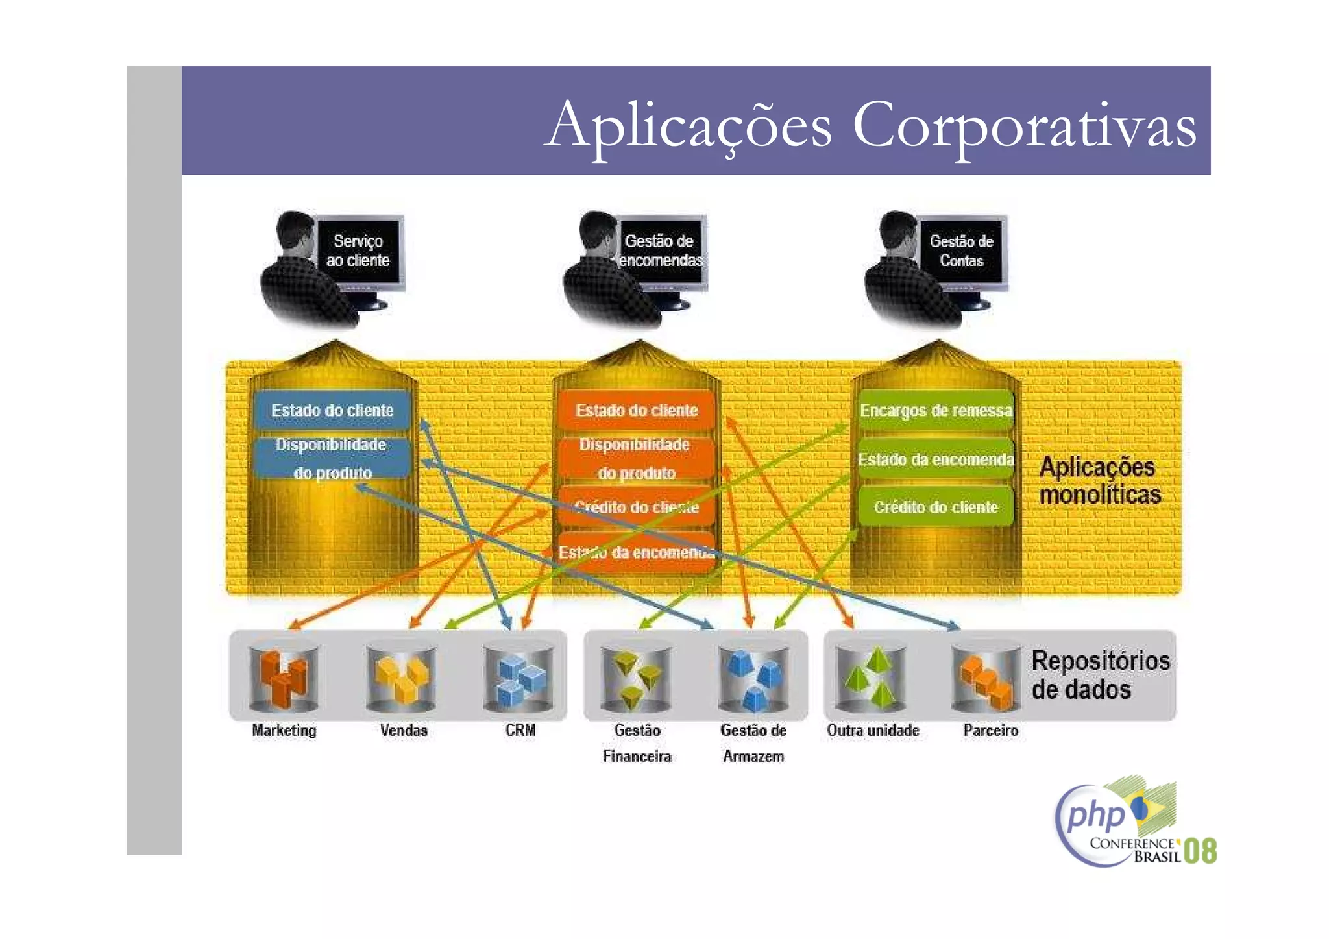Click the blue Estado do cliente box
click(332, 410)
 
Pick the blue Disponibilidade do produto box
click(332, 458)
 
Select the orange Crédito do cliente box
click(636, 507)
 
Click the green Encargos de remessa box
click(935, 410)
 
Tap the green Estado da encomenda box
click(935, 459)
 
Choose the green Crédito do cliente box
click(935, 507)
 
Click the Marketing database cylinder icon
click(284, 677)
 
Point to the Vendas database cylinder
click(401, 677)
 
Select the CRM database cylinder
click(518, 677)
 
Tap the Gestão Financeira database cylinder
click(636, 677)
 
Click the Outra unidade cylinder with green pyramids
click(871, 677)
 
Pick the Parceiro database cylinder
click(986, 677)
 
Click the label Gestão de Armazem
click(753, 743)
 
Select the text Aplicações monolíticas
click(1099, 481)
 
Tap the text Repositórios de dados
click(1099, 675)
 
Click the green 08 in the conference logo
click(1200, 851)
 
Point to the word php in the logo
click(1095, 814)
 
